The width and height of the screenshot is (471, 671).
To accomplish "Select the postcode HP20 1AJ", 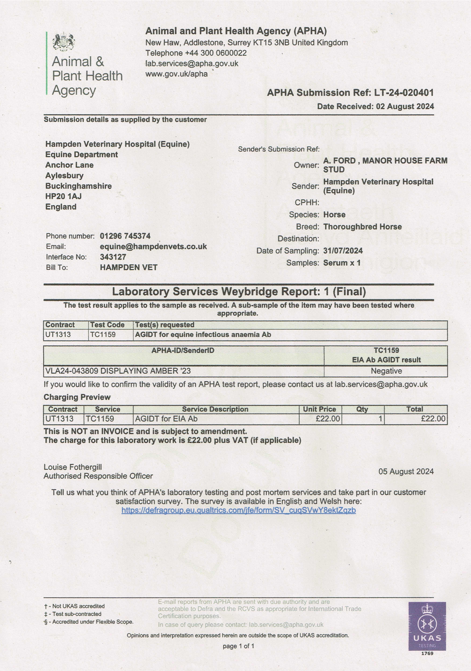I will (64, 196).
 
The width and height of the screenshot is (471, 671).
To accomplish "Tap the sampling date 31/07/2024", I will (343, 251).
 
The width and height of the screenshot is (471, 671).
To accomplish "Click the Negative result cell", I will (386, 371).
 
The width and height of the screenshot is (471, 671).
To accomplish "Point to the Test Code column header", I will (107, 325).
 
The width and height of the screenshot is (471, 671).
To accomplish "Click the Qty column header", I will (362, 409).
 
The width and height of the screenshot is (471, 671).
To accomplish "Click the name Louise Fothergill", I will (73, 467).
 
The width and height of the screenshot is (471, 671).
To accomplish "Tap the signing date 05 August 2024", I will (406, 471).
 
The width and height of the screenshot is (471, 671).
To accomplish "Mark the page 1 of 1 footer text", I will (238, 646).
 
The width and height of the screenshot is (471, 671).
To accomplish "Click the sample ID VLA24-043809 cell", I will (118, 371).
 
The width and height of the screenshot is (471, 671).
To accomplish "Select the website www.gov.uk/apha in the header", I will (176, 74).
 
